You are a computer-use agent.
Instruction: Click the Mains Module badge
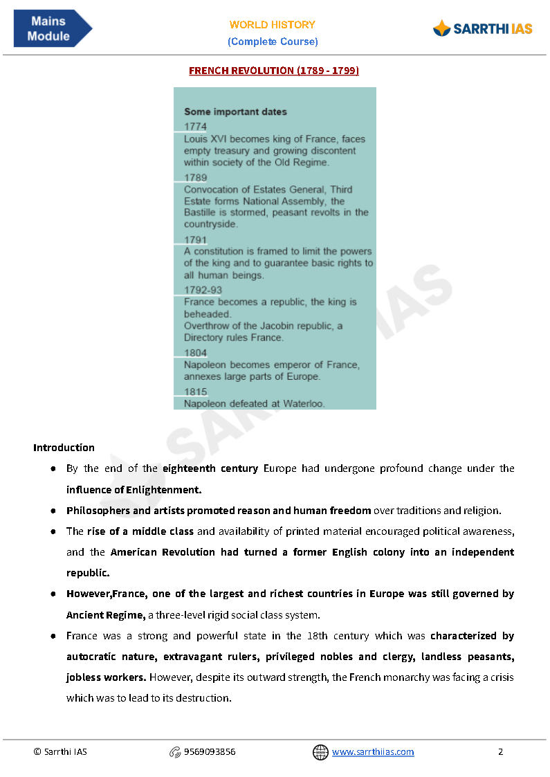point(51,29)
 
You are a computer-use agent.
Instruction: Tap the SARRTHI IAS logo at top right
point(482,28)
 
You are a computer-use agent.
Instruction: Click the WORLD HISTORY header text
point(273,24)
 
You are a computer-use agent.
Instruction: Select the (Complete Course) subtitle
point(273,42)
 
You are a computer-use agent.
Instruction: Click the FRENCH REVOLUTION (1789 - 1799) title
point(274,71)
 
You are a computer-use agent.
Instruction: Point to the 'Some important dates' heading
point(235,111)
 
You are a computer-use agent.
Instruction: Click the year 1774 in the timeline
point(195,127)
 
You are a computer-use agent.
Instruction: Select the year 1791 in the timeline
point(195,240)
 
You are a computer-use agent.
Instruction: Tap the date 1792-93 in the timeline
point(203,290)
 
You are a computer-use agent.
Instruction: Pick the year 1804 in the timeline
point(195,353)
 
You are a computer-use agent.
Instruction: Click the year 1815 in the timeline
point(195,392)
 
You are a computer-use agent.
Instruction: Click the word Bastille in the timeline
point(201,212)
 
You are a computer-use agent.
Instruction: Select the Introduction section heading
point(64,448)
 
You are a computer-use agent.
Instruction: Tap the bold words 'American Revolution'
point(163,552)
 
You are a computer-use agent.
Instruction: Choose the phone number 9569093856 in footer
point(209,752)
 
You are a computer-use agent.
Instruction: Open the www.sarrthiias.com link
point(373,752)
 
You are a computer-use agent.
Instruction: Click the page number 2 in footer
point(500,752)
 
